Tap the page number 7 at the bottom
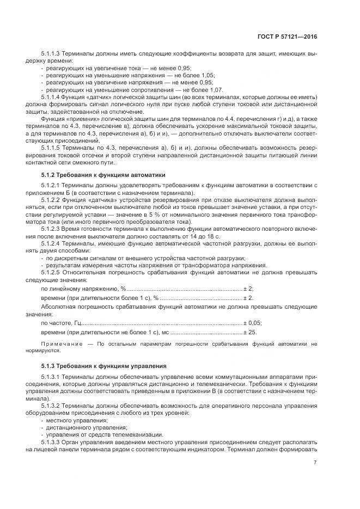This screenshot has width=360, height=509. pyautogui.click(x=315, y=463)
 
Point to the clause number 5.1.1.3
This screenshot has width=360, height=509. pyautogui.click(x=52, y=55)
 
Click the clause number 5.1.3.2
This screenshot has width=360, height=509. pyautogui.click(x=52, y=406)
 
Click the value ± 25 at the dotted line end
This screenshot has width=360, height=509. pyautogui.click(x=249, y=332)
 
